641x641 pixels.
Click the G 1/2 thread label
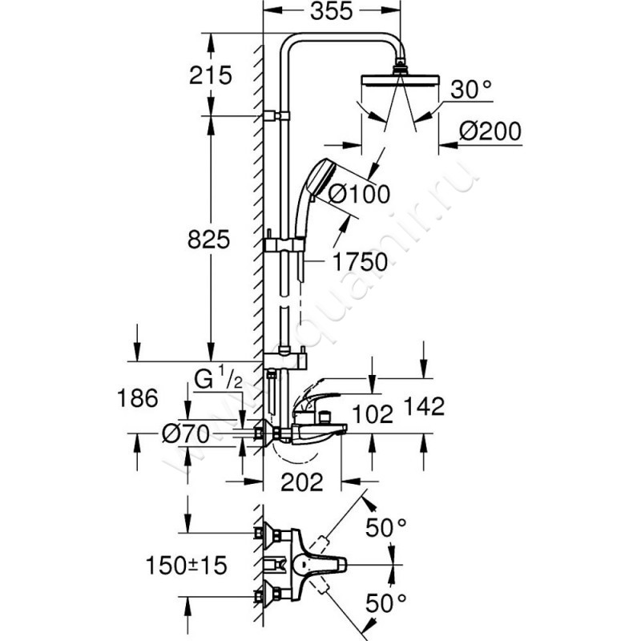218,379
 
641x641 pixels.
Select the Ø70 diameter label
185,434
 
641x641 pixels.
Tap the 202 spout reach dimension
302,482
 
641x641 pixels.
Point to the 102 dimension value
372,414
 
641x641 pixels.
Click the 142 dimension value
425,407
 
